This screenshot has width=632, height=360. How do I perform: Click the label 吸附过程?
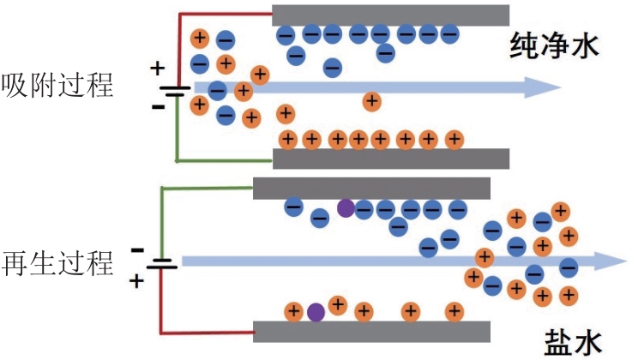(x=57, y=85)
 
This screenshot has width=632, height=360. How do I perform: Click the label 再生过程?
(x=57, y=263)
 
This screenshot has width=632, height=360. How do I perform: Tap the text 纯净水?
(x=554, y=46)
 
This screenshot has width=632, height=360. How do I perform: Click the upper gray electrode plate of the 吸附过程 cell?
(x=390, y=15)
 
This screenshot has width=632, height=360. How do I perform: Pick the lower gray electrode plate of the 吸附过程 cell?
(x=391, y=159)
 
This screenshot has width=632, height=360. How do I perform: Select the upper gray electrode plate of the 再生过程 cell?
(x=371, y=188)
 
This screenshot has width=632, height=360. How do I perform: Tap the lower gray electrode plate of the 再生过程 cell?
(x=371, y=332)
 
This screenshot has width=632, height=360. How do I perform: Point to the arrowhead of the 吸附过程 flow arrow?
(x=542, y=87)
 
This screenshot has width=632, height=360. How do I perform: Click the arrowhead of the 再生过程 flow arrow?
(x=611, y=261)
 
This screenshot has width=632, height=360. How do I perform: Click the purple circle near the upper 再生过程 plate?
(x=346, y=208)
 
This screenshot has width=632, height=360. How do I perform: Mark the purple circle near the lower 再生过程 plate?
(x=316, y=313)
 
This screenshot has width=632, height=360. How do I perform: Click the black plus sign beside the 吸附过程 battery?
(x=158, y=68)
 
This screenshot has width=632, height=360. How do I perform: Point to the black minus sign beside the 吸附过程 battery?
(x=158, y=106)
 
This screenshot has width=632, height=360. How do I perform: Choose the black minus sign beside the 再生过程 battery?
(x=137, y=250)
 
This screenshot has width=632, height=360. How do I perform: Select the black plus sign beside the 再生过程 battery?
(x=136, y=280)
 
